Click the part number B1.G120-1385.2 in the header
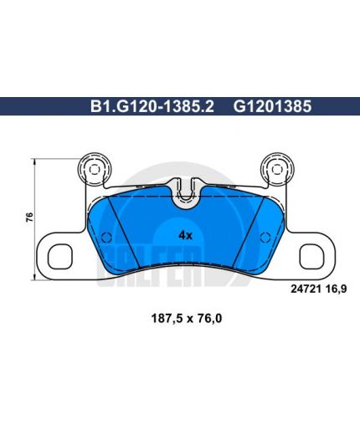coord(152,106)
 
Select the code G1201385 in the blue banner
coord(272,106)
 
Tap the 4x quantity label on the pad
coord(186,236)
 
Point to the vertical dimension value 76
coord(29,217)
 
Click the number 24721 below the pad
coord(306,289)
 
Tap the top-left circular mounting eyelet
coord(95,170)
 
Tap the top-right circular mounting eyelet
coord(277,170)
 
